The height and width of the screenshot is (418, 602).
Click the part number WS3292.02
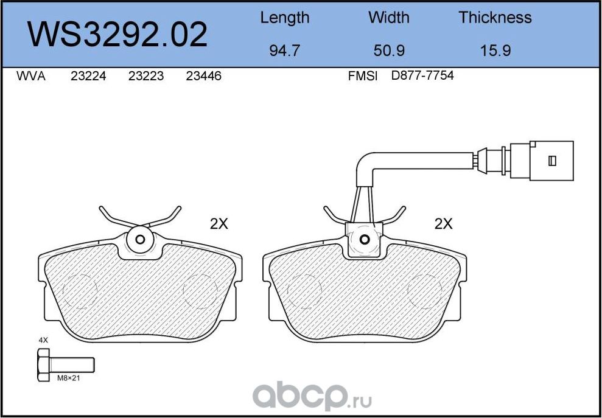117,35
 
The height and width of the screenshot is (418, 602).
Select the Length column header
285,18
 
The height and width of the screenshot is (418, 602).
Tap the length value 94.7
284,51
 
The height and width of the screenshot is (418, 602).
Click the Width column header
389,17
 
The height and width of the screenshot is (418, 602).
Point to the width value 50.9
389,51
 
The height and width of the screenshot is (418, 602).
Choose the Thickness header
495,17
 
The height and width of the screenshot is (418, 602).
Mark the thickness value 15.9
495,51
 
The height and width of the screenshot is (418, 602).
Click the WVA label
31,77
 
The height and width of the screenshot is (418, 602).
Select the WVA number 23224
88,77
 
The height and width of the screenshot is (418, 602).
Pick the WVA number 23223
146,77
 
